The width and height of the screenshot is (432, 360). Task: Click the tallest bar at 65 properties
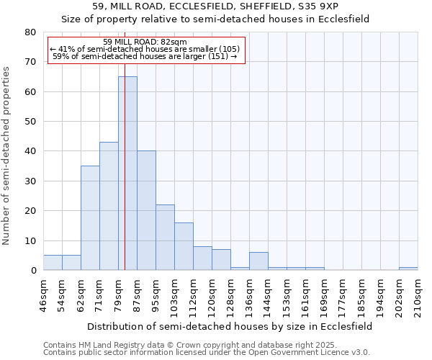point(127,173)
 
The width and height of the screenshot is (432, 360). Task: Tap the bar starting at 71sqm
point(109,206)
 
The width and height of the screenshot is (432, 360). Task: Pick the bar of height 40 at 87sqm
point(146,210)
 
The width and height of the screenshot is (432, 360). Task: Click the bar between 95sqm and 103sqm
point(165,237)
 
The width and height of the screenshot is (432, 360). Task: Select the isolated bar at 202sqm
point(408,269)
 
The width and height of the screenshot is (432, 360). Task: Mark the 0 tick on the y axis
point(33,271)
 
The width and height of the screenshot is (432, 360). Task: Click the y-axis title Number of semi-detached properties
point(7,155)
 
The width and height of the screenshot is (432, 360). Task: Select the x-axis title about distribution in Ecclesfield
point(228,326)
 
